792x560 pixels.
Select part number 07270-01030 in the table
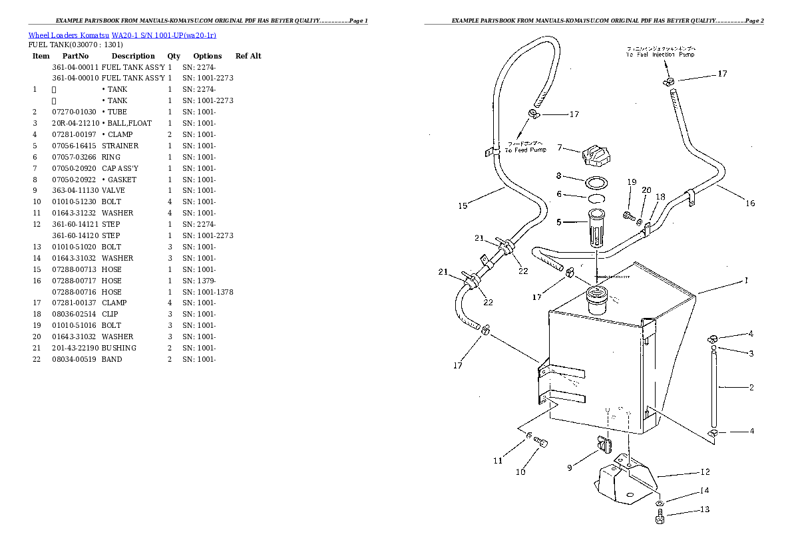(74, 112)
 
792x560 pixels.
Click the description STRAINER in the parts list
(120, 146)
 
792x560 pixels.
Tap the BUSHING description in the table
(119, 348)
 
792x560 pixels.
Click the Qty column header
(174, 56)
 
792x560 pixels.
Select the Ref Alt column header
(248, 56)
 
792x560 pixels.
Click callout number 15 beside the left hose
(463, 206)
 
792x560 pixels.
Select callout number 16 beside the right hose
(750, 203)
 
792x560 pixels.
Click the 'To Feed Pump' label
(525, 147)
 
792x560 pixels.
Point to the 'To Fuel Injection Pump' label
(660, 52)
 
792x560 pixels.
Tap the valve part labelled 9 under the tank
(604, 444)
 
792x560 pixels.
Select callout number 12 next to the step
(705, 472)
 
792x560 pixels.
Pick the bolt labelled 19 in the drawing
(628, 214)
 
